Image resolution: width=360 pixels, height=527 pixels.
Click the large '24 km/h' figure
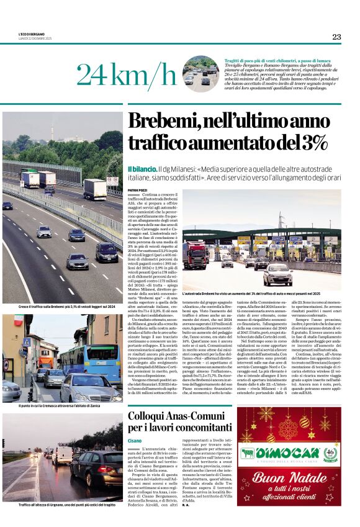tap(127, 74)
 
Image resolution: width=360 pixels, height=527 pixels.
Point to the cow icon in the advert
tap(248, 453)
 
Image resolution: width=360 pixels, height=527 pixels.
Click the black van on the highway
tap(107, 252)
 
